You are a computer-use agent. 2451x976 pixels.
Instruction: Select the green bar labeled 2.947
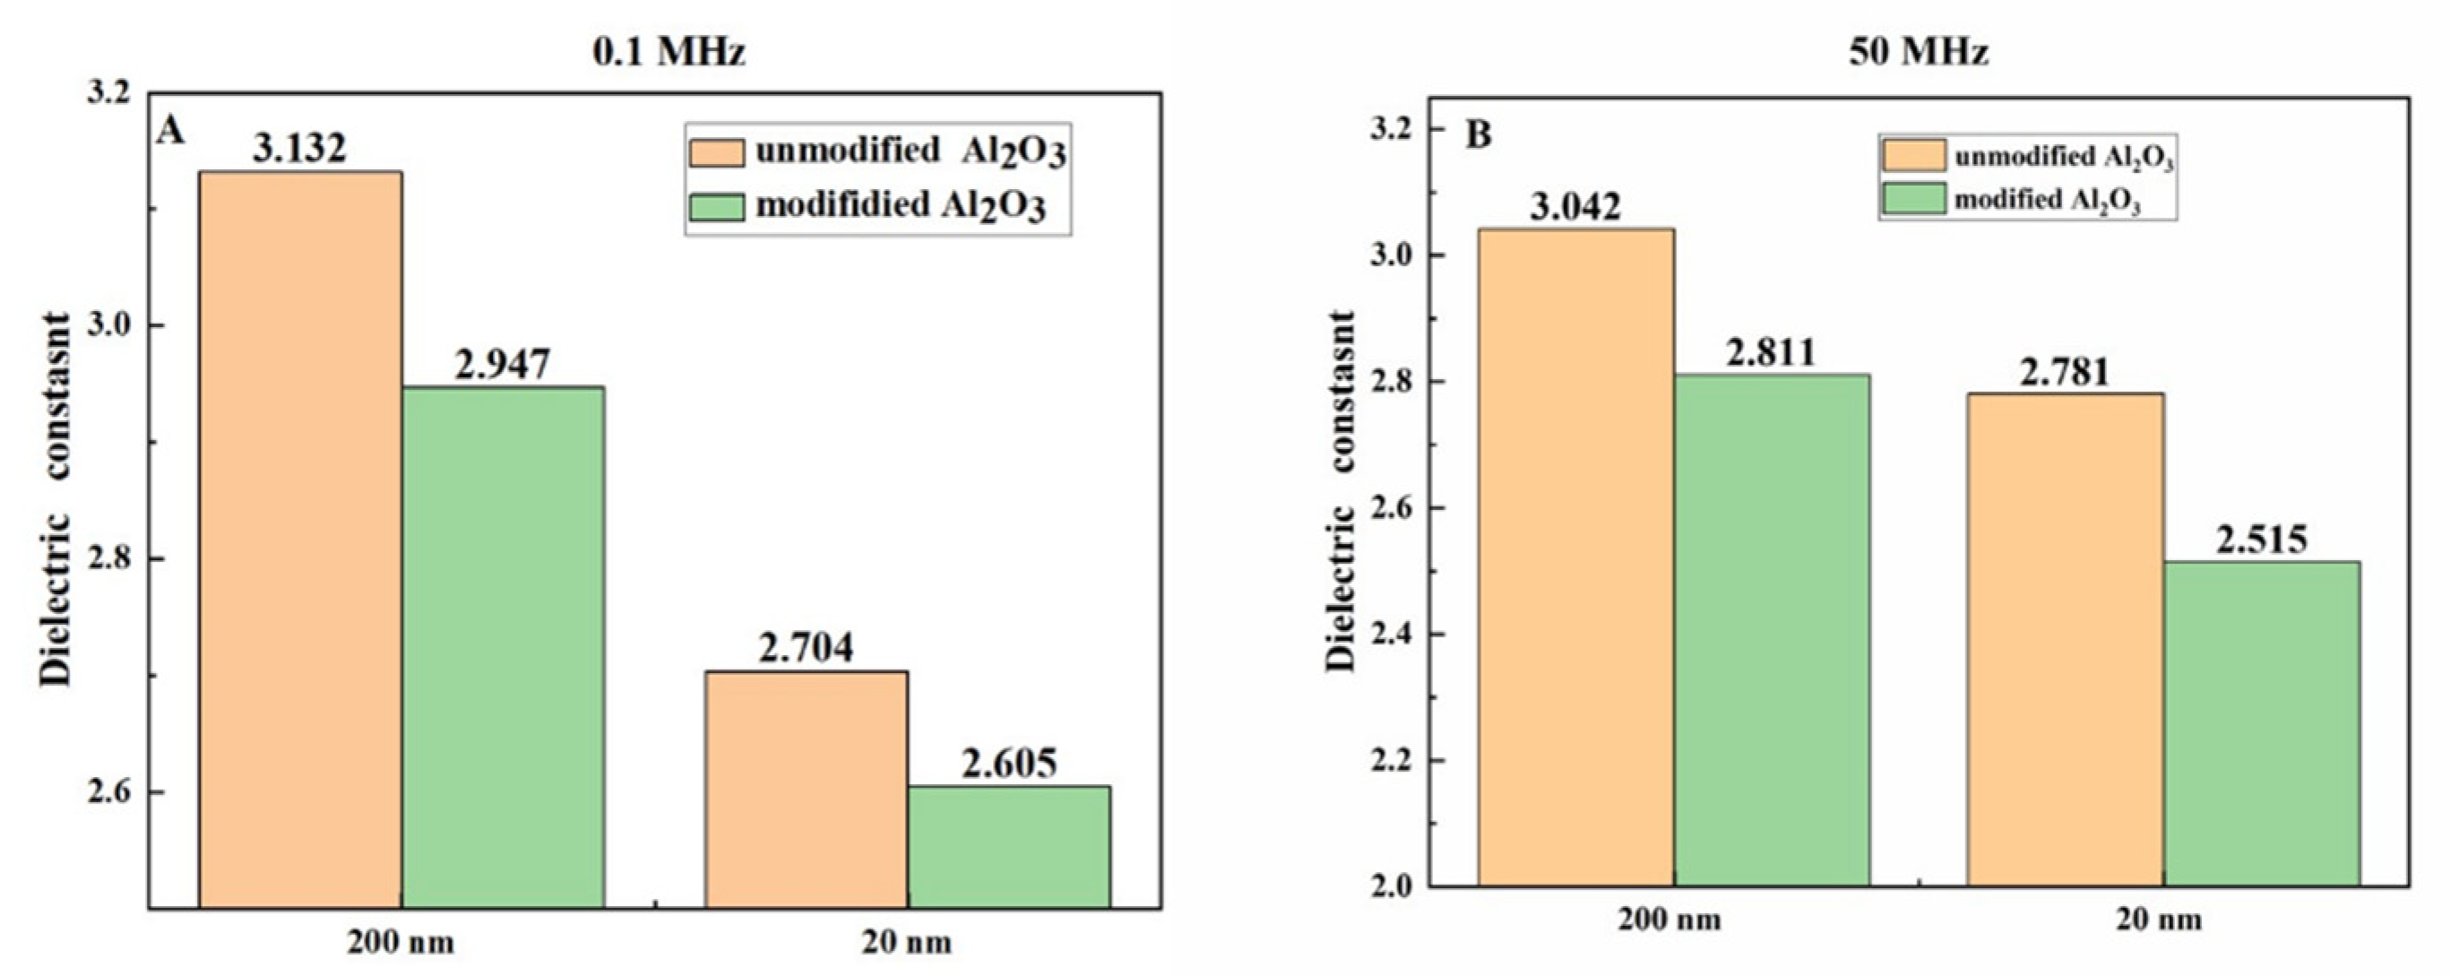(503, 647)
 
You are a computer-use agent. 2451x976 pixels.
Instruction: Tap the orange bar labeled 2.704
(806, 790)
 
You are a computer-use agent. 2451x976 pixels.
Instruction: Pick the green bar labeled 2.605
(1008, 847)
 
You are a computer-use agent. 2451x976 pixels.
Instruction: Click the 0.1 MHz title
(669, 51)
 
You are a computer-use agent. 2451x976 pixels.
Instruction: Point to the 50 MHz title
(1918, 51)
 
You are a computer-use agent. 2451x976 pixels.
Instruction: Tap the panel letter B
(1478, 135)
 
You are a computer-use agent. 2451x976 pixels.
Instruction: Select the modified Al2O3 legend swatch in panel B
(1912, 200)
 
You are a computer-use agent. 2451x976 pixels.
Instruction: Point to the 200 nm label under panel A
(400, 943)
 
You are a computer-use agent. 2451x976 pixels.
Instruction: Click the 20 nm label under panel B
(2158, 920)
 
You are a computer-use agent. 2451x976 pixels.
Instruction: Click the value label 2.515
(2261, 540)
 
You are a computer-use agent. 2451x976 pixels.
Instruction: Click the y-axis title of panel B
(1341, 491)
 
